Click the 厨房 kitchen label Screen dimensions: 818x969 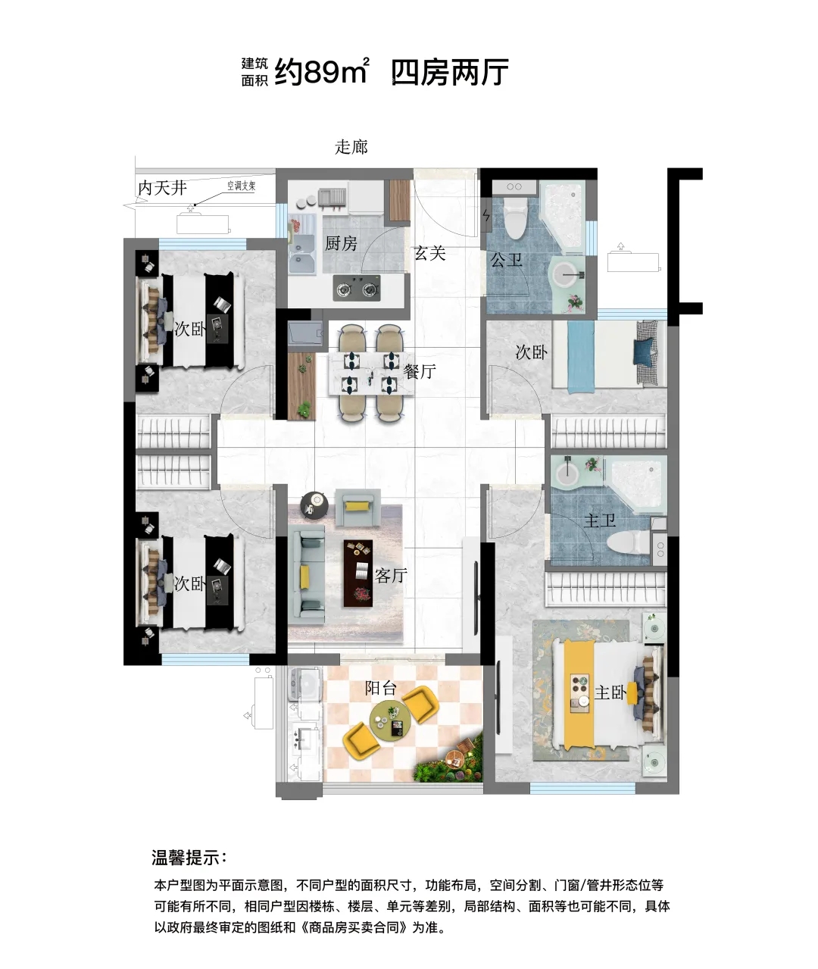tap(341, 243)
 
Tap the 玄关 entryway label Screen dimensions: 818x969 tap(429, 253)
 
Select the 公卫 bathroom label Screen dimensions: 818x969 tap(507, 259)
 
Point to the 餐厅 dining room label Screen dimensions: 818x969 tap(420, 371)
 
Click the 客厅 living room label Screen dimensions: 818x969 tap(391, 576)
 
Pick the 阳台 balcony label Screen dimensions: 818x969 tap(380, 688)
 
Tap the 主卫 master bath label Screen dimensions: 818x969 tap(600, 520)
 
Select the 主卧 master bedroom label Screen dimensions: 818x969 tap(611, 693)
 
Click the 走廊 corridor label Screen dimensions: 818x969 tap(351, 147)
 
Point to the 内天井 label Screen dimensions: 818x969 tap(162, 188)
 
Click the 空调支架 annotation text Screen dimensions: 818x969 tap(242, 186)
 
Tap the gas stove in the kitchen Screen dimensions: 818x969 tap(357, 288)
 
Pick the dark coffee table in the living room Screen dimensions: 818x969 tap(357, 574)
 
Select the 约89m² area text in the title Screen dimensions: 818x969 tap(322, 71)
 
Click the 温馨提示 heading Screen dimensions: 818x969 tap(189, 858)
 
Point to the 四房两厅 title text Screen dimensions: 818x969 tap(450, 72)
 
